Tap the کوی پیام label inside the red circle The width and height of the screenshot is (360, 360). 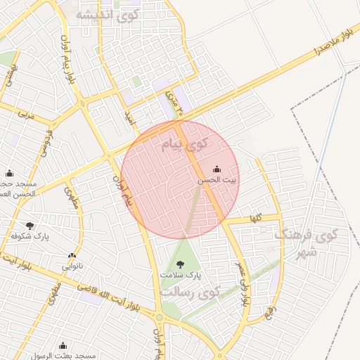(x=185, y=145)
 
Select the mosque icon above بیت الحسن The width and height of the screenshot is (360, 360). (x=216, y=169)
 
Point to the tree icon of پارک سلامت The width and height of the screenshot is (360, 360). (x=181, y=264)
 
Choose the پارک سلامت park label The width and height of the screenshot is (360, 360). (x=180, y=275)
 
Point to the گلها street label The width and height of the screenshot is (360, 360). (x=254, y=219)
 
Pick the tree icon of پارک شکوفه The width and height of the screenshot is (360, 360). (x=29, y=226)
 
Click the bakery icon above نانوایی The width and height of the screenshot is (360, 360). (x=72, y=256)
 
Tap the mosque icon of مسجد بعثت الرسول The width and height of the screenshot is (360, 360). (x=63, y=345)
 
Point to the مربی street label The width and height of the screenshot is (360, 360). (x=26, y=112)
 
